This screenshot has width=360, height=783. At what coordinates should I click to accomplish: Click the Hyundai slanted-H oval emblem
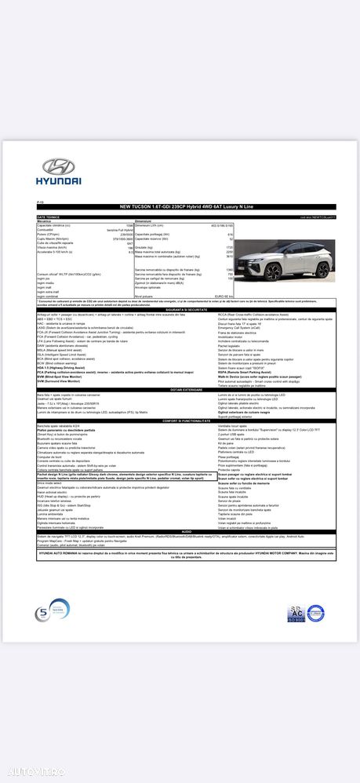tap(57, 166)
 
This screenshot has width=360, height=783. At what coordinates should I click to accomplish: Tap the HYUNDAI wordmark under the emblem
tap(57, 181)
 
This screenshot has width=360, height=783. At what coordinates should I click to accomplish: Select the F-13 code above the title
tap(41, 201)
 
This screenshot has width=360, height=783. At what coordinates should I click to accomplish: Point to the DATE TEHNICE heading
tap(49, 216)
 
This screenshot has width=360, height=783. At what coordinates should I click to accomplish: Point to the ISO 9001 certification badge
tap(295, 614)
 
